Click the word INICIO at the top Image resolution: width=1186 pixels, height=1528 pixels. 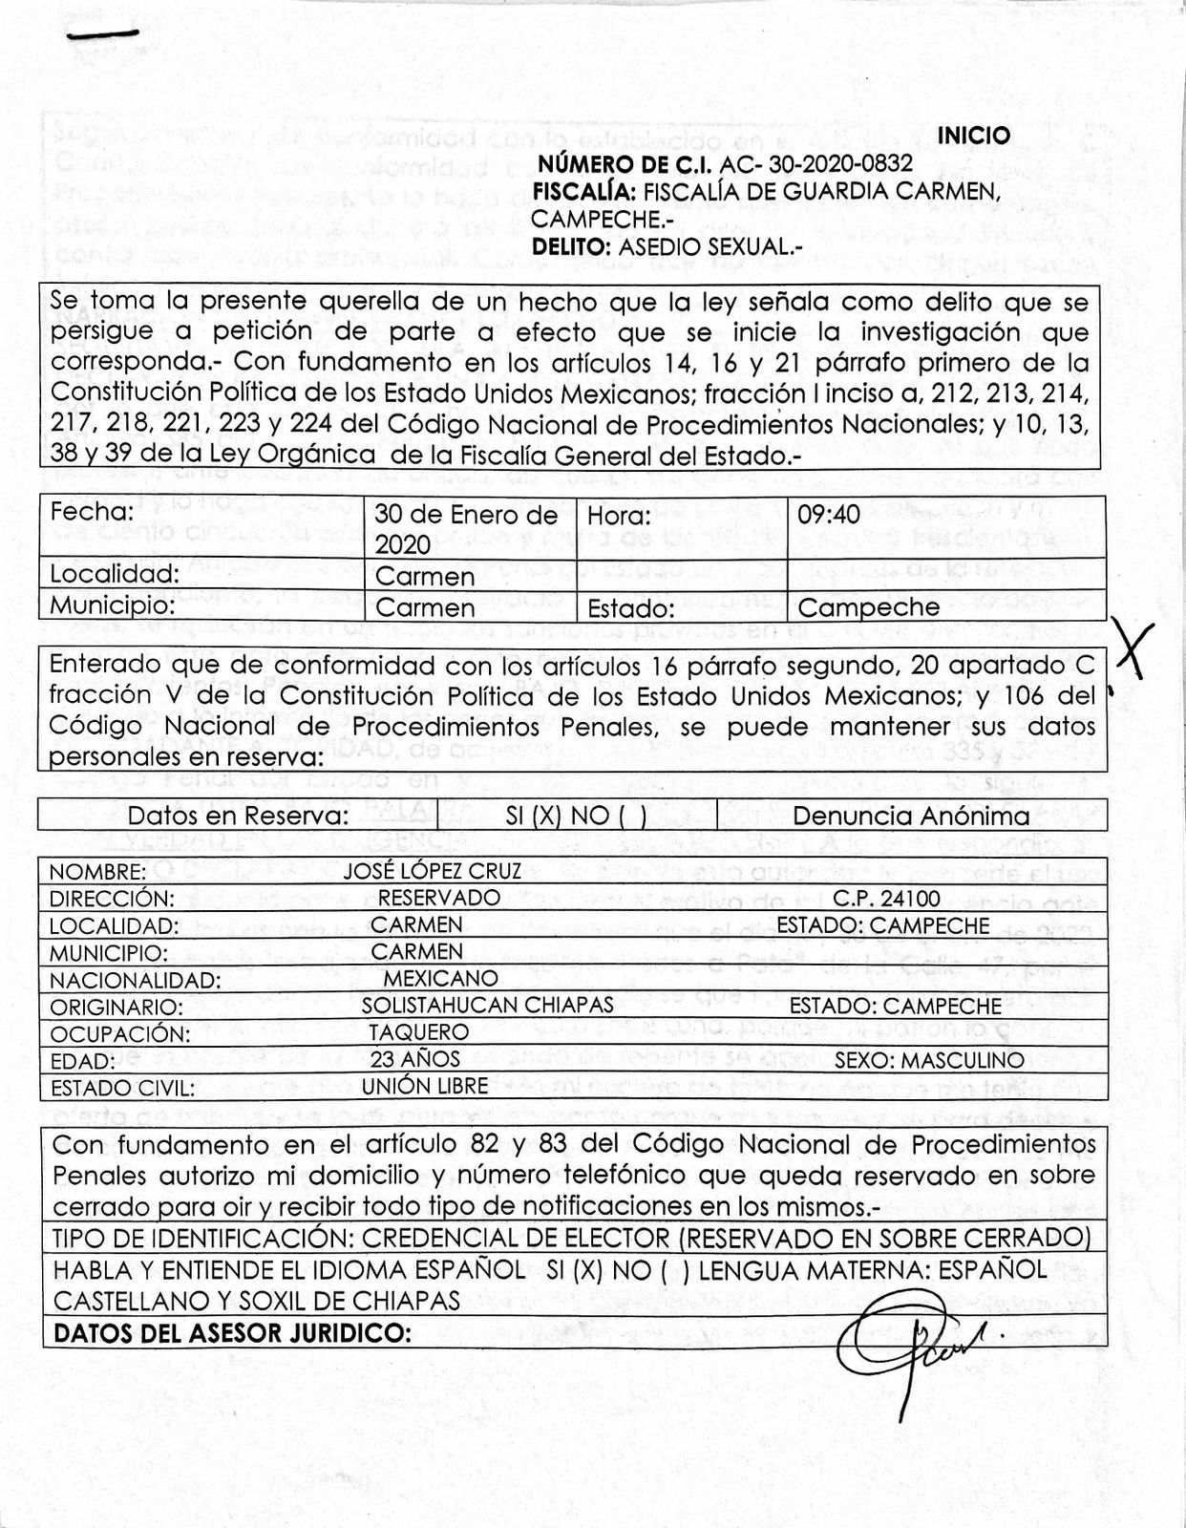click(x=973, y=136)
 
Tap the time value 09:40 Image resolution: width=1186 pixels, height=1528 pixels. click(x=829, y=514)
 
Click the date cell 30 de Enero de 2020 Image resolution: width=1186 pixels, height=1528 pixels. click(x=466, y=528)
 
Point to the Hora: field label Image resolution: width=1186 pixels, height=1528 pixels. click(x=619, y=516)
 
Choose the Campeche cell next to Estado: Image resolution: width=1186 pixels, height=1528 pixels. click(x=868, y=607)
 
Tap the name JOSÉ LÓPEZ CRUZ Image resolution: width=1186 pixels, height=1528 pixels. click(x=433, y=871)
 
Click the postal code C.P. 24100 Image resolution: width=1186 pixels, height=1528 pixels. click(x=886, y=898)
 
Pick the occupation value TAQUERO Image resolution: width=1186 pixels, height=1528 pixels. click(x=419, y=1031)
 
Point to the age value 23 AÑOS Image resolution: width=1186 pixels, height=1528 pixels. click(x=414, y=1058)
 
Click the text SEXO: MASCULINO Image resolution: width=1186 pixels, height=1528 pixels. click(x=929, y=1059)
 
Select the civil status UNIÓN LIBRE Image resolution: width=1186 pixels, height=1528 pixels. click(x=425, y=1085)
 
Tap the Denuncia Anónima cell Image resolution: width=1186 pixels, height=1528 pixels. click(x=911, y=816)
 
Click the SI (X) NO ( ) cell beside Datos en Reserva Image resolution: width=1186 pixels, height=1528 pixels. click(x=576, y=816)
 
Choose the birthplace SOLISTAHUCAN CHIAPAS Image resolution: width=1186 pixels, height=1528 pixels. click(x=488, y=1005)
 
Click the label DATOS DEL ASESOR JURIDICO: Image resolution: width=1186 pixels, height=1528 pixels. click(x=233, y=1332)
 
